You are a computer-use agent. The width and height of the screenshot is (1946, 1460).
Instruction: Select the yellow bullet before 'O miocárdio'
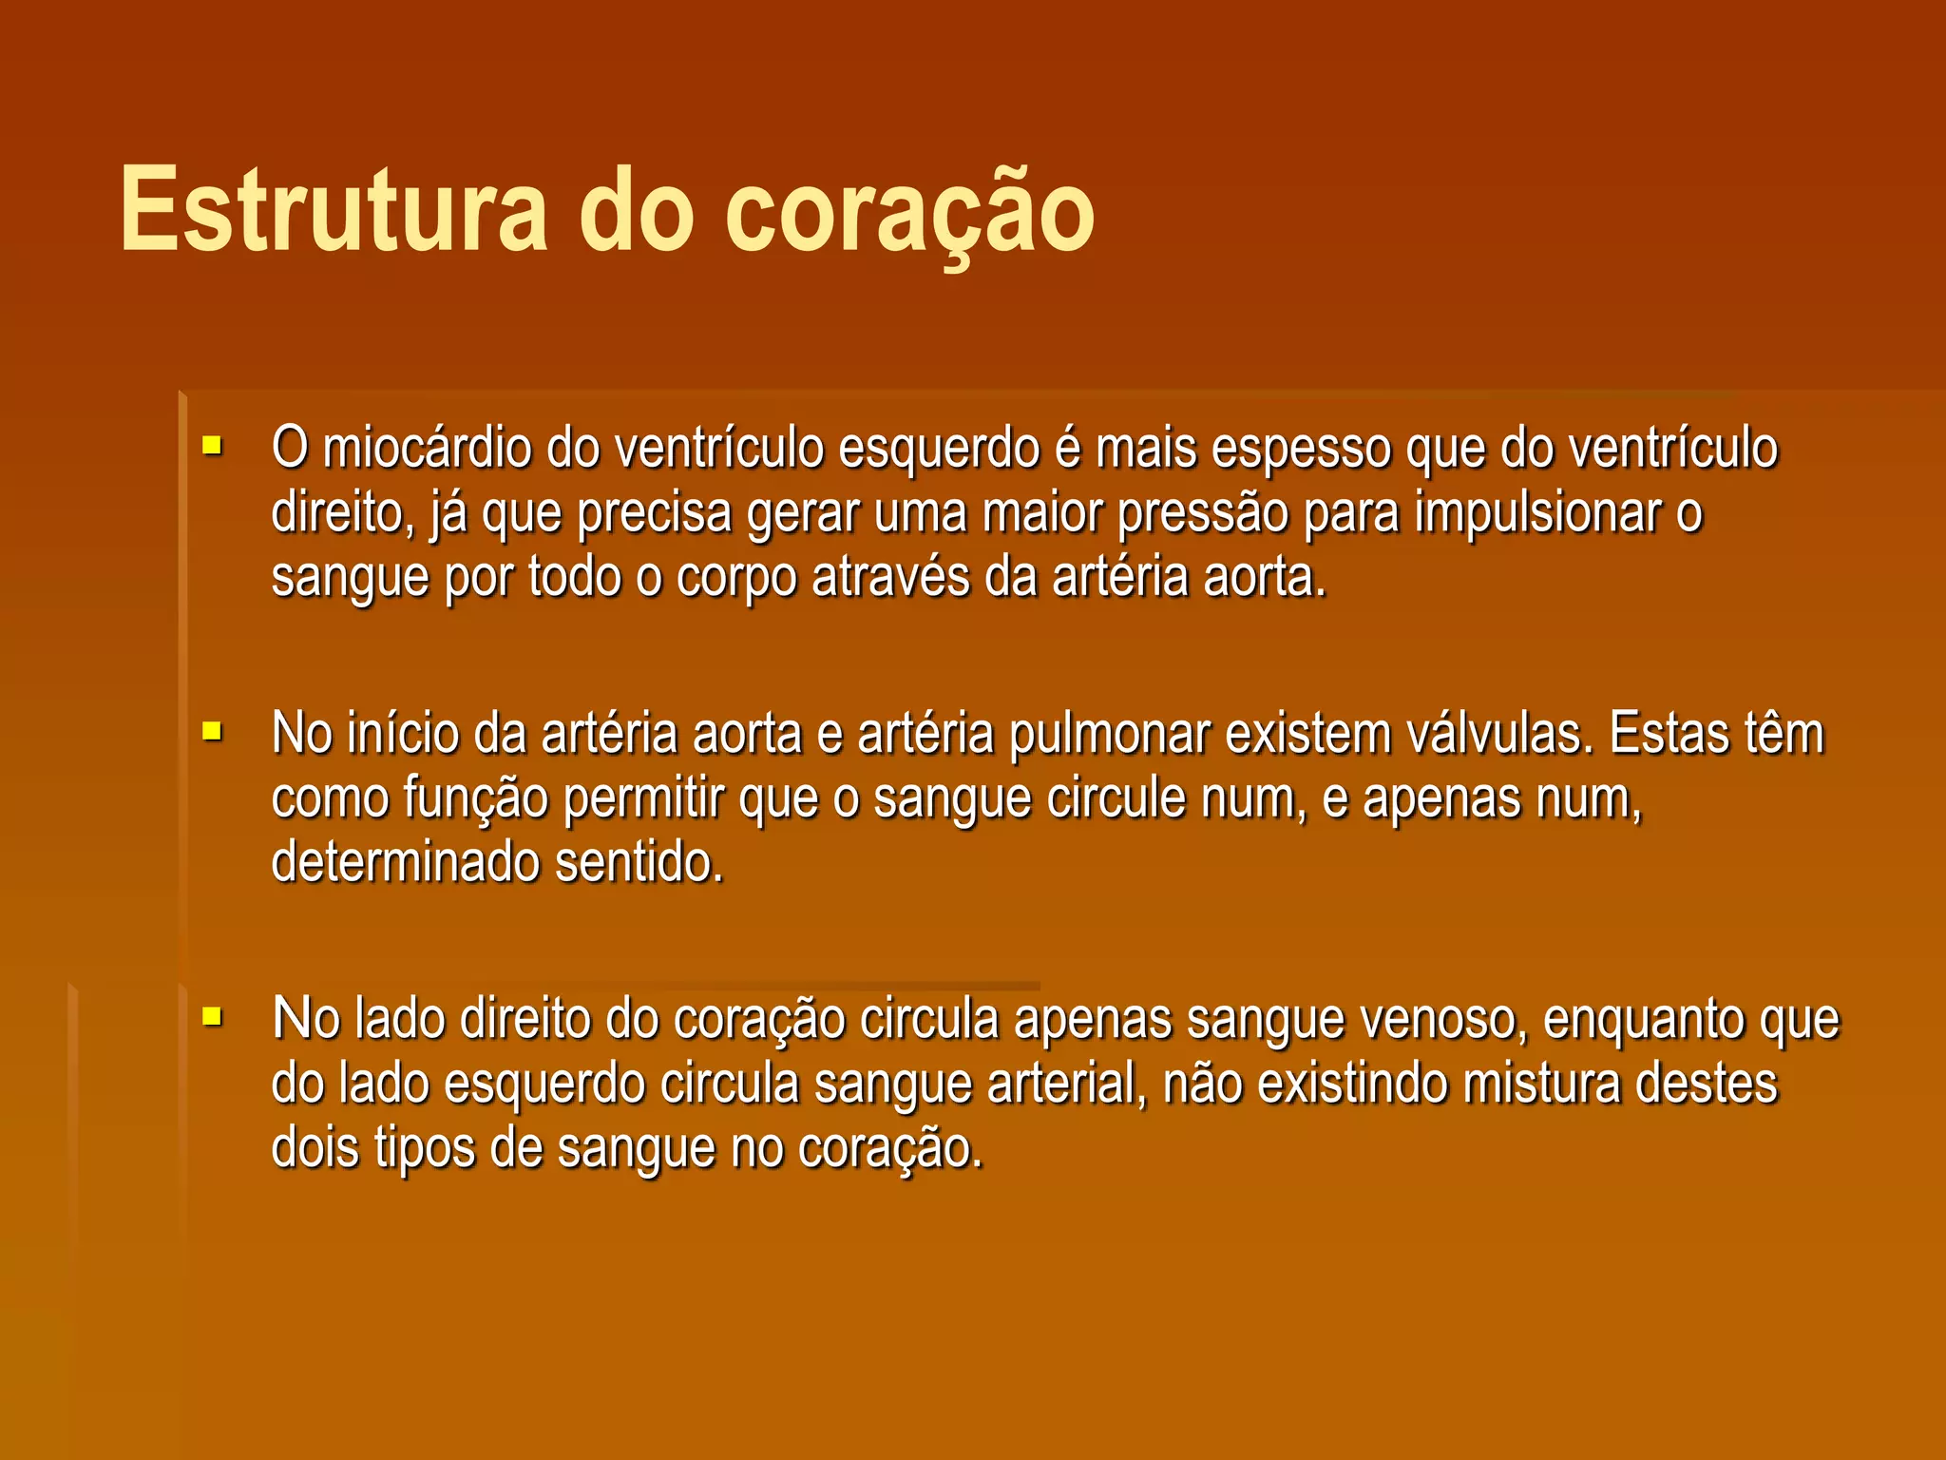(x=212, y=445)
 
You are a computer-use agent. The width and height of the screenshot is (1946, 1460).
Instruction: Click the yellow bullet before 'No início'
(x=212, y=731)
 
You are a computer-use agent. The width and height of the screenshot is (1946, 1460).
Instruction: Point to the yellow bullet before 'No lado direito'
(x=212, y=1017)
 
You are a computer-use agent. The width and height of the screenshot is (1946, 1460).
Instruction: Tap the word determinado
(x=404, y=862)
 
